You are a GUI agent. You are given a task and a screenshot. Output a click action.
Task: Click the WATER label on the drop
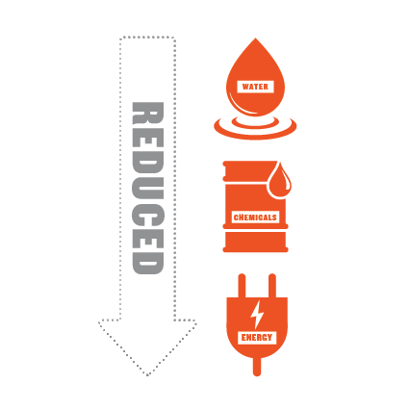pos(255,87)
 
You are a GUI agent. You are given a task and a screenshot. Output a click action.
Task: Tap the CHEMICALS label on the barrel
pos(255,218)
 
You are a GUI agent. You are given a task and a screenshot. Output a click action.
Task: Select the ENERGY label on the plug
pos(257,338)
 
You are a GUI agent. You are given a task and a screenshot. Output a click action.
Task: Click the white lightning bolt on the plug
pos(257,315)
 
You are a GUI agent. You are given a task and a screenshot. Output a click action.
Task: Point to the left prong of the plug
pos(242,286)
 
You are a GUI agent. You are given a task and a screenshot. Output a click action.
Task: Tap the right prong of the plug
pos(272,286)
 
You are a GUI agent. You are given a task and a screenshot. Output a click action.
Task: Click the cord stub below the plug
pos(257,367)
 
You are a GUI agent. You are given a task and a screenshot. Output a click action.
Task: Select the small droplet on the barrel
pos(279,181)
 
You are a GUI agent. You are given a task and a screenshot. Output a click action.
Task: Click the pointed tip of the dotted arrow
pos(147,375)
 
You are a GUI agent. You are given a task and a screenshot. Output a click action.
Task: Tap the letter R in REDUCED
pos(148,114)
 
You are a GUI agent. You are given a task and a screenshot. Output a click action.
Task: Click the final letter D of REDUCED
pos(148,263)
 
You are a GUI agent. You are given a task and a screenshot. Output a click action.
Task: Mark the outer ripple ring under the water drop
pos(255,137)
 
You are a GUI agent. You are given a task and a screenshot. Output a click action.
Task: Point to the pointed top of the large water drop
pos(255,38)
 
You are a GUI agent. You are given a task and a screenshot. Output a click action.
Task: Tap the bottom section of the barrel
pos(255,241)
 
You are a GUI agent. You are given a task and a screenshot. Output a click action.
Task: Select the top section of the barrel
pos(248,171)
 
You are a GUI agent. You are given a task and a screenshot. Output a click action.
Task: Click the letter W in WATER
pos(246,87)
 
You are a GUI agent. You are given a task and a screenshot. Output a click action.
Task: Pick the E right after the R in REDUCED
pos(148,138)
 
